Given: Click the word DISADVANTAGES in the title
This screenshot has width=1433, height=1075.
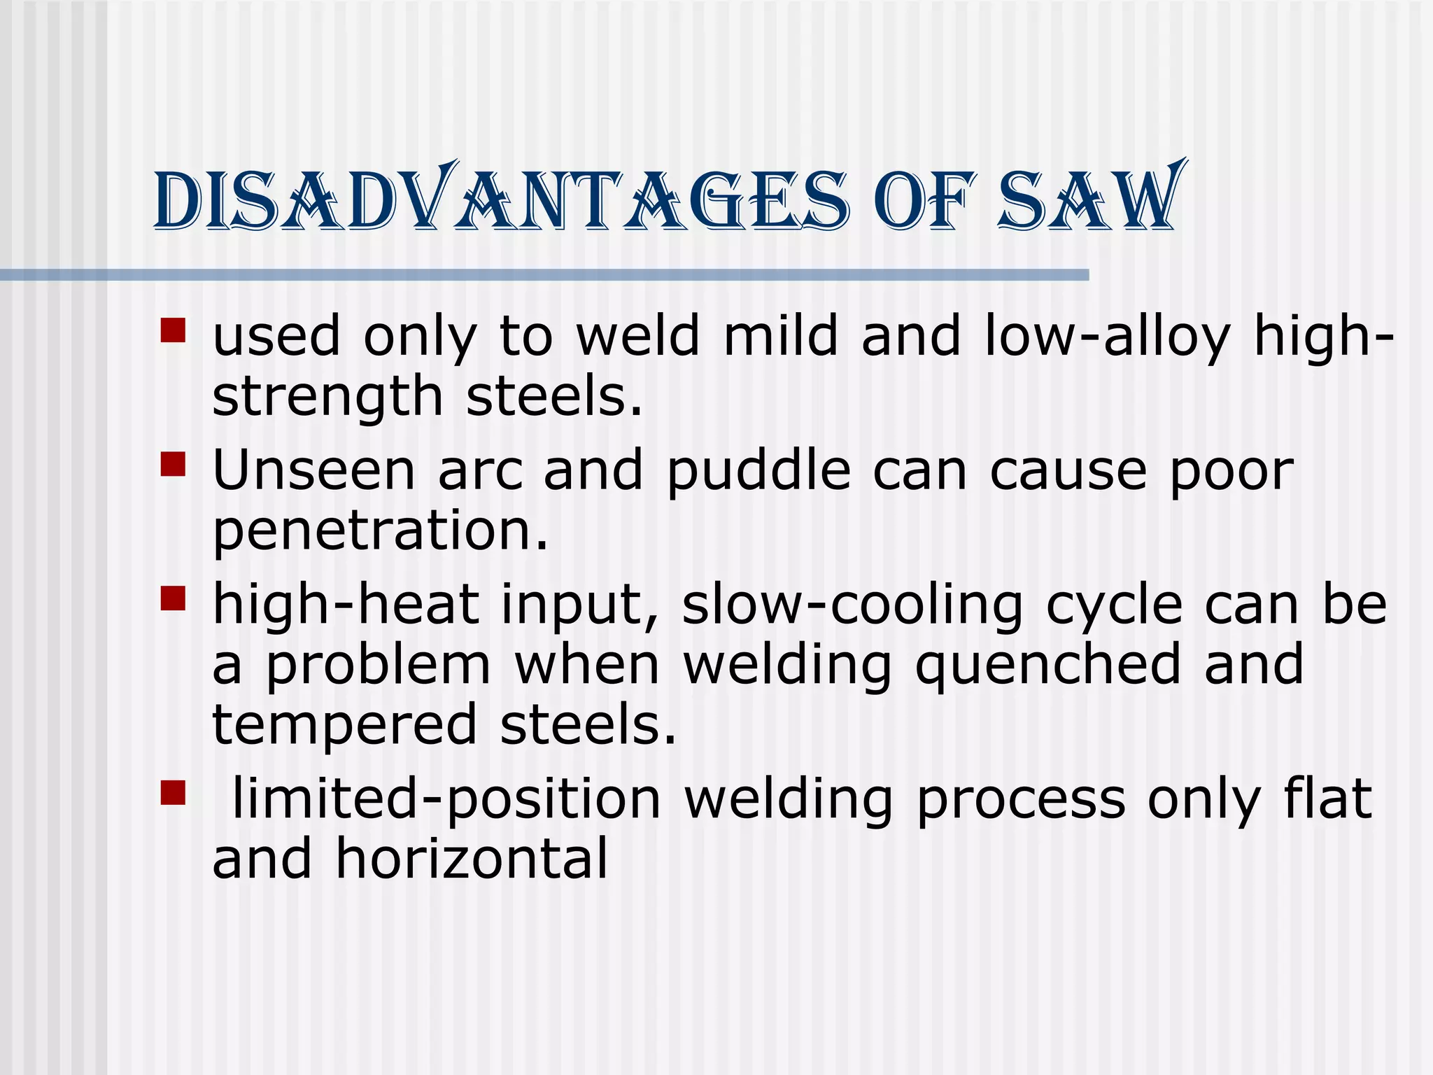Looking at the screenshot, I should (500, 199).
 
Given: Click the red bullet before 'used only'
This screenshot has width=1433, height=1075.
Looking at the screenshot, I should (173, 330).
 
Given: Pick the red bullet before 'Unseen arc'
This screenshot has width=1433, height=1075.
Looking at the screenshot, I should (173, 464).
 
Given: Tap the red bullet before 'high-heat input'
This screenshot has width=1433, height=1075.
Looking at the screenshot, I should (173, 598).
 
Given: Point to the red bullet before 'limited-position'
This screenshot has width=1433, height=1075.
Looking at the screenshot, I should (173, 793).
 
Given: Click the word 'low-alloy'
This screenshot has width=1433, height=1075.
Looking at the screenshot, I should (1107, 337).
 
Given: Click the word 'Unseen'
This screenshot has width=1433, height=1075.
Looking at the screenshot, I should (314, 470).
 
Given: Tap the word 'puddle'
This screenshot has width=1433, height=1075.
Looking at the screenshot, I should (758, 470).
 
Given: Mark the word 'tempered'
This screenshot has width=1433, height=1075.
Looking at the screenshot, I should (345, 726).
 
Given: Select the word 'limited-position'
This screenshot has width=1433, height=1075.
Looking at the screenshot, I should (446, 799).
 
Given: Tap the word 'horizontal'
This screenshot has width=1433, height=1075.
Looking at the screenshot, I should (472, 859).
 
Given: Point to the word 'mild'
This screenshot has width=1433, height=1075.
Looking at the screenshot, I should (780, 335).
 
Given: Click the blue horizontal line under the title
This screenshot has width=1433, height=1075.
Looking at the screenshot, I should (544, 275).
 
